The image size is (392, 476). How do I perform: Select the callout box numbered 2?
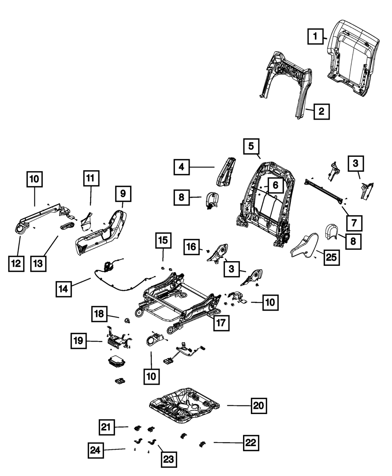click(x=321, y=111)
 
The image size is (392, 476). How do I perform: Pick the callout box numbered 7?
click(x=354, y=223)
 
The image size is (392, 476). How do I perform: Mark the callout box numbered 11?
click(x=91, y=178)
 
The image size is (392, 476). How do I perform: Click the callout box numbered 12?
click(x=16, y=264)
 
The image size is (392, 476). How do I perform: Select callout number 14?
click(x=64, y=289)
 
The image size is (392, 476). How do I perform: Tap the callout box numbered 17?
click(x=221, y=323)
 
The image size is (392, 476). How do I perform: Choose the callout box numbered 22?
click(x=251, y=443)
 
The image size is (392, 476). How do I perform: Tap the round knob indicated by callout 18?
click(x=127, y=320)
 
